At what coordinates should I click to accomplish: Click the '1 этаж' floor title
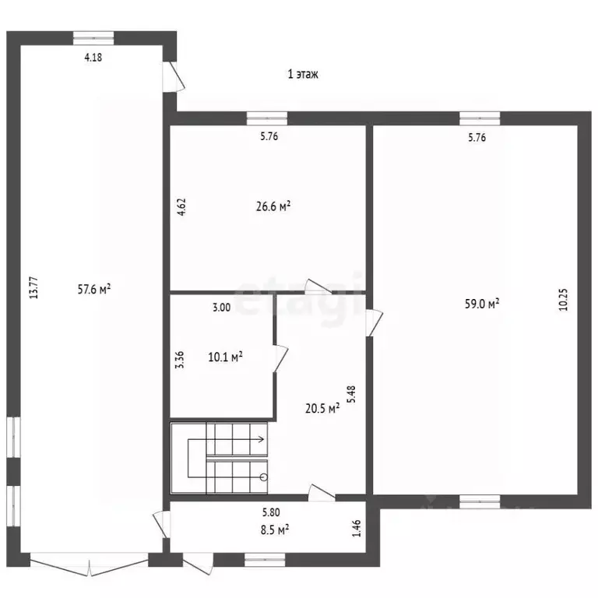coord(303,74)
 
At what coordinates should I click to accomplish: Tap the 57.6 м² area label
coord(94,289)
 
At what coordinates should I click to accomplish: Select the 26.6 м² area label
coord(273,206)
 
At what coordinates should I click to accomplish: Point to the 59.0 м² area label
coord(482,304)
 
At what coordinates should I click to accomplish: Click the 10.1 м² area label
coord(225,357)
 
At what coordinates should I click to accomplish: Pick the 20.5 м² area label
coord(322,409)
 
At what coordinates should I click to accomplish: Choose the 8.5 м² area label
coord(275,529)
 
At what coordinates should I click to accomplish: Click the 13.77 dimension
coord(34,287)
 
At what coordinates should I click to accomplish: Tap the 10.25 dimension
coord(563,299)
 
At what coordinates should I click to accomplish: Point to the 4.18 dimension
coord(93,57)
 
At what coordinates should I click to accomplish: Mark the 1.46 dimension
coord(356,528)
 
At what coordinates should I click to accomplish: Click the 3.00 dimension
coord(222,308)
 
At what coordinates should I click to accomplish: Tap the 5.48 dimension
coord(351,394)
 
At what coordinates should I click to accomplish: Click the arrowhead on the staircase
coord(262,439)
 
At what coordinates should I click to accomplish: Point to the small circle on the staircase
coord(263,477)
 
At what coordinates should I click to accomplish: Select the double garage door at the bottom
coord(89,565)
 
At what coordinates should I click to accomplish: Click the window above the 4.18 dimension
coord(93,38)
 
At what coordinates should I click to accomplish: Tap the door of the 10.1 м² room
coord(280,357)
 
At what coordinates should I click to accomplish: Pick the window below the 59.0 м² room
coord(480,501)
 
